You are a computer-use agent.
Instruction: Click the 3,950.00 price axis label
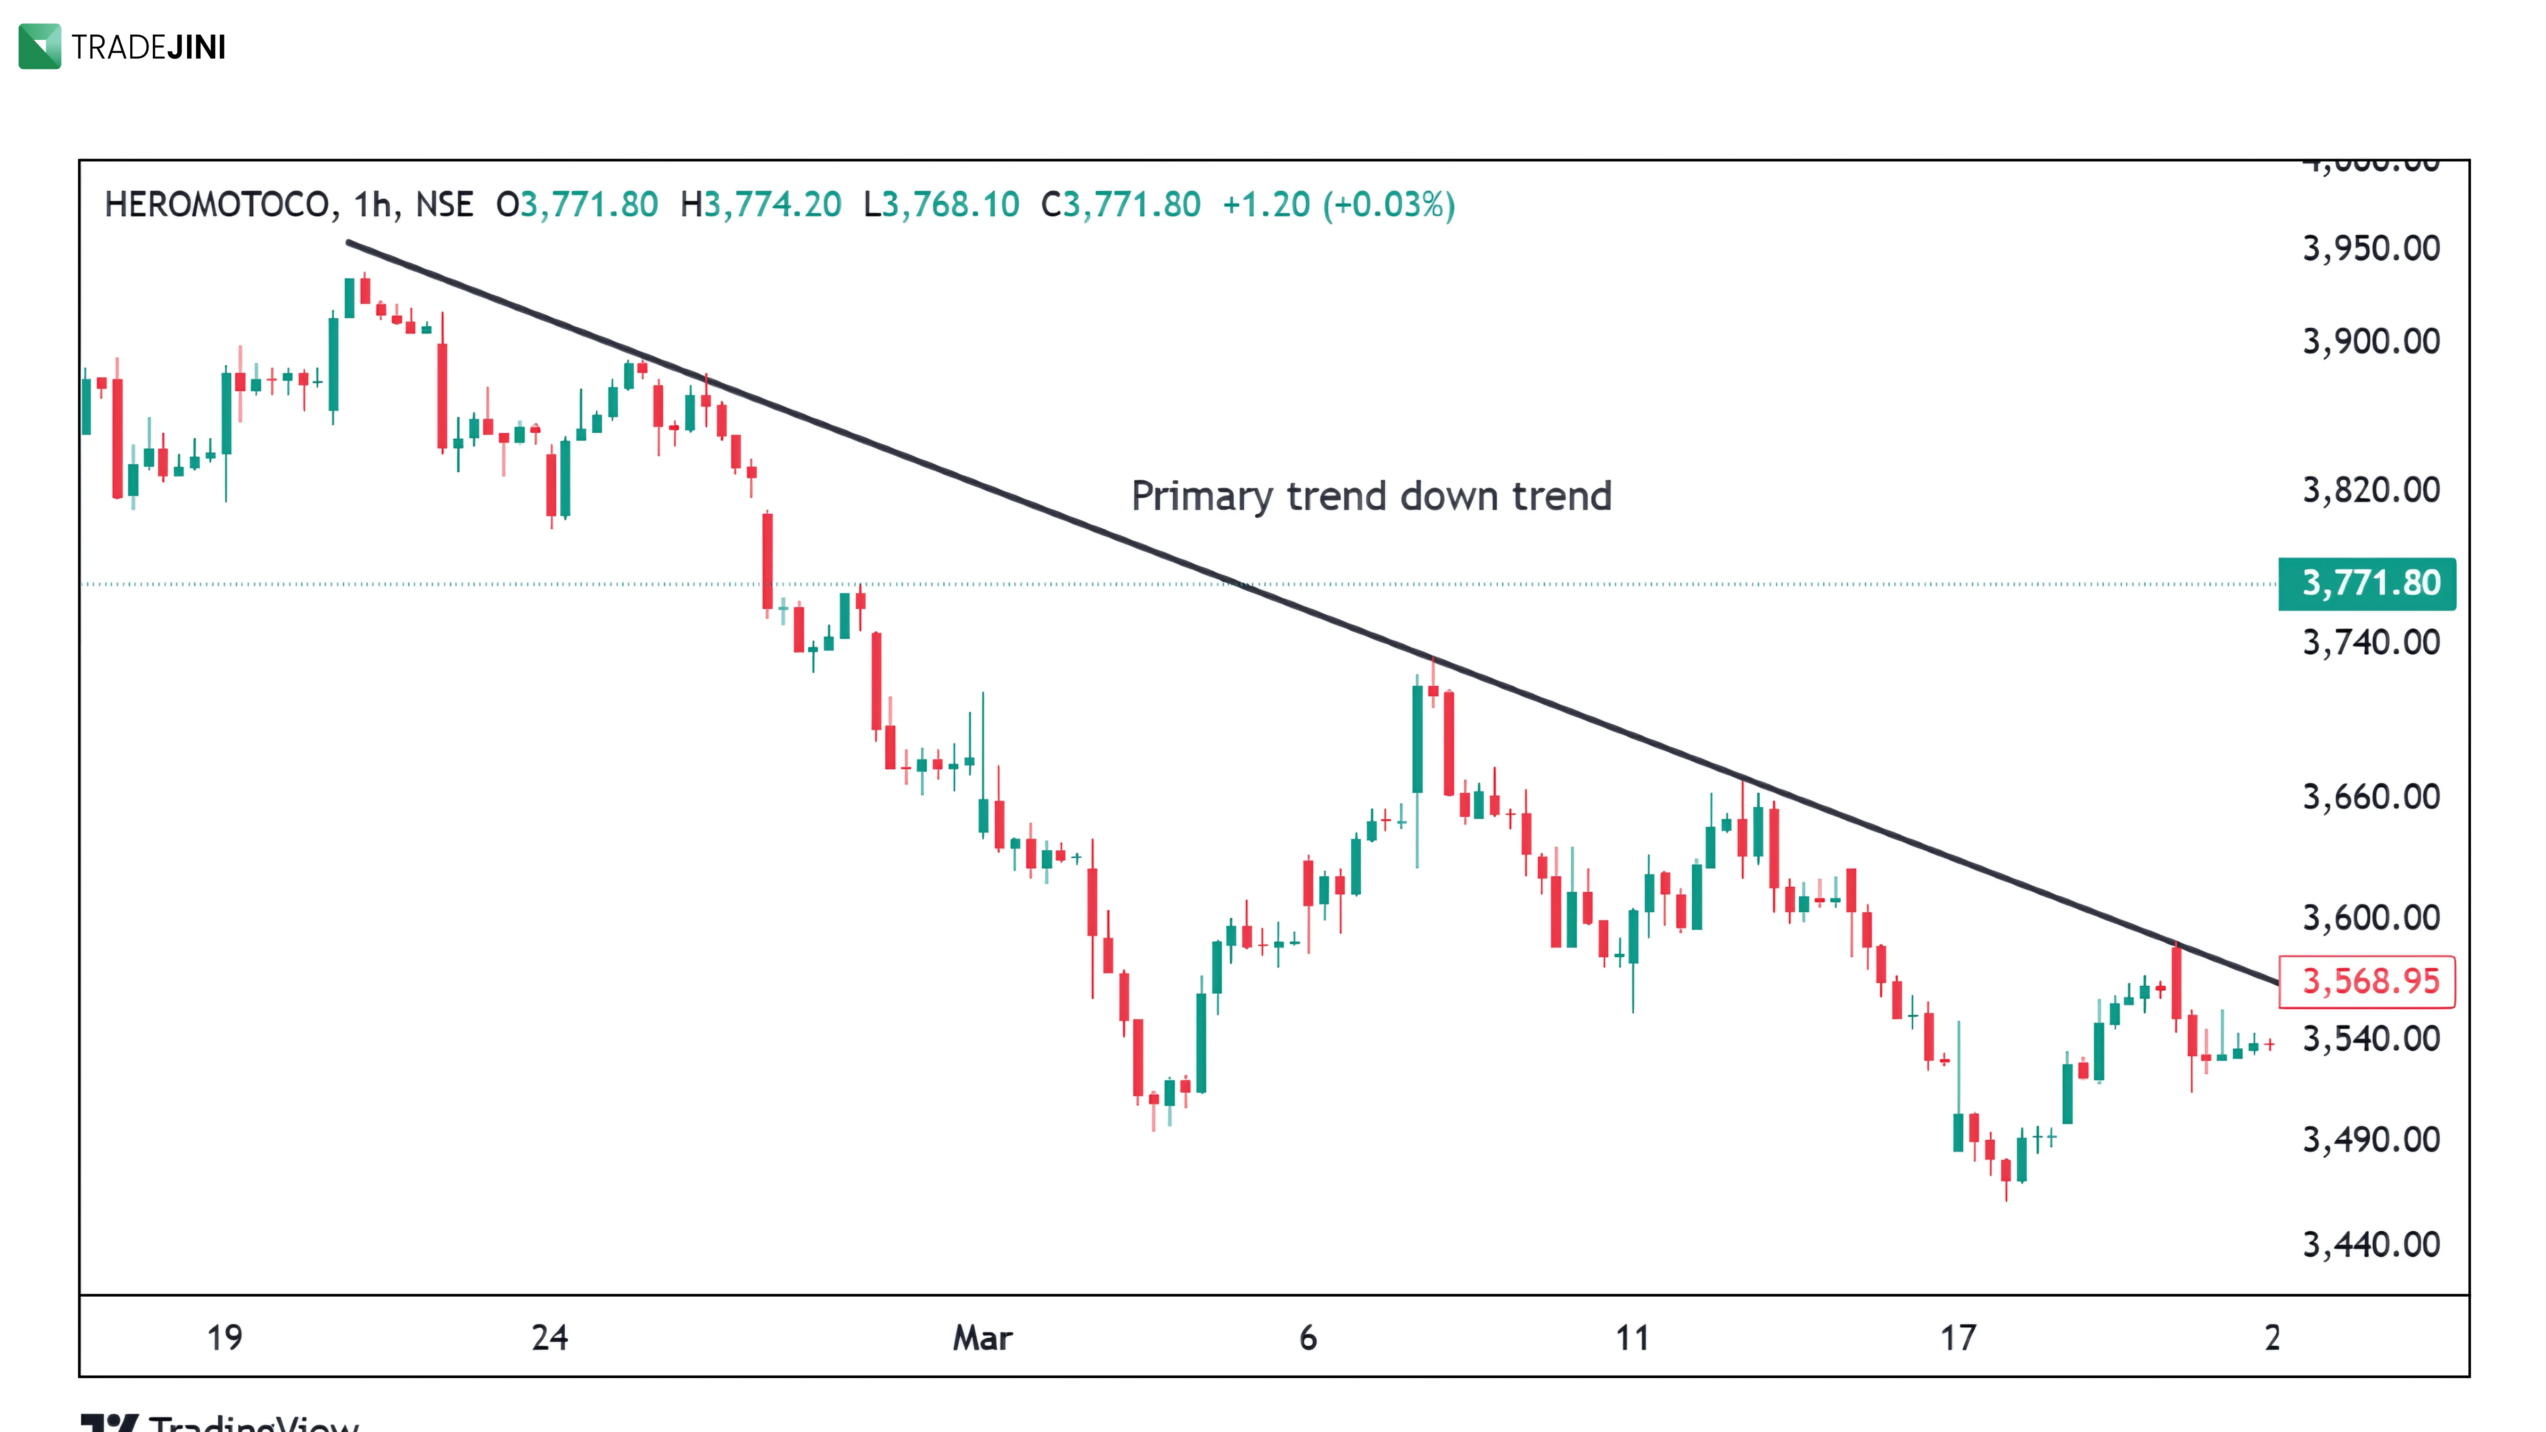click(x=2370, y=248)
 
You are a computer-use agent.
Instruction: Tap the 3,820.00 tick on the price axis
click(x=2370, y=490)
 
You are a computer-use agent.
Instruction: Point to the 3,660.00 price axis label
click(x=2370, y=796)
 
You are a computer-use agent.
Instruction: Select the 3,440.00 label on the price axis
click(x=2370, y=1244)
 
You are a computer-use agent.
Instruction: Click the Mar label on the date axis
click(x=982, y=1338)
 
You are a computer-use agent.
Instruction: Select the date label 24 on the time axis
click(x=550, y=1338)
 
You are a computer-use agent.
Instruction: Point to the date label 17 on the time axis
click(x=1958, y=1338)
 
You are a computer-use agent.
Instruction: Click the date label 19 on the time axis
click(x=224, y=1338)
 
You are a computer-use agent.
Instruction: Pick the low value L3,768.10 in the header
click(x=941, y=205)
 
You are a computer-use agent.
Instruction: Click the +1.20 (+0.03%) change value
click(x=1338, y=205)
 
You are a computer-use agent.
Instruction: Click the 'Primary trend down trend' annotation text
click(x=1371, y=496)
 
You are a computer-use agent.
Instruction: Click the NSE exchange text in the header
click(x=444, y=205)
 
